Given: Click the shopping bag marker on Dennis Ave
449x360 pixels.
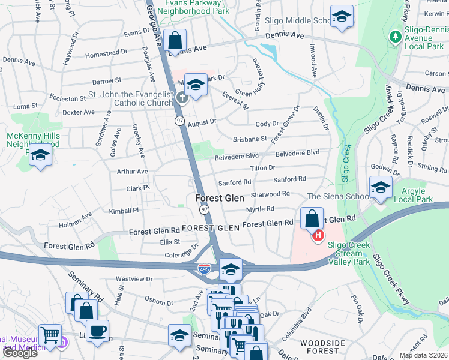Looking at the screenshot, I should (175, 42).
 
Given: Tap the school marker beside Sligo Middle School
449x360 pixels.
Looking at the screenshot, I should (342, 18).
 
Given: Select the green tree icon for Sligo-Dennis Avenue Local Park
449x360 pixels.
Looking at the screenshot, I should (395, 37).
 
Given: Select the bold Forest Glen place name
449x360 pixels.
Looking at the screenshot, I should (219, 198).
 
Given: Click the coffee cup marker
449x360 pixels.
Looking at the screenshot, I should (97, 331).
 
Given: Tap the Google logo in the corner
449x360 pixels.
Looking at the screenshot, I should (19, 353).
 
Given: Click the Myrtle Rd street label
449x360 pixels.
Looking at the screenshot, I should (260, 209).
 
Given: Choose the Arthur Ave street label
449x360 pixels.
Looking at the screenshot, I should (133, 172).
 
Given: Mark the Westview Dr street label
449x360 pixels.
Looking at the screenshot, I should (134, 279).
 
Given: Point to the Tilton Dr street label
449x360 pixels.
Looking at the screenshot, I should (262, 168).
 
